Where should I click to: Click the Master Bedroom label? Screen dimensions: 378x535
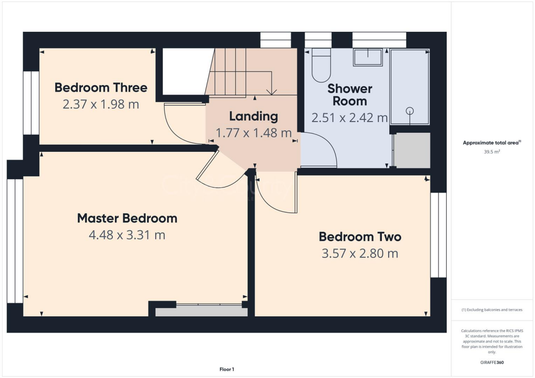pyautogui.click(x=127, y=218)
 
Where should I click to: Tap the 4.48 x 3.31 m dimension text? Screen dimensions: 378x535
pyautogui.click(x=127, y=235)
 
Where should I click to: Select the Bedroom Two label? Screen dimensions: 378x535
pyautogui.click(x=360, y=237)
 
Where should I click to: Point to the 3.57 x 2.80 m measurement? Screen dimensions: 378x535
pyautogui.click(x=360, y=254)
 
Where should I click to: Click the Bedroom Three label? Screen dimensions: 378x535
pyautogui.click(x=101, y=87)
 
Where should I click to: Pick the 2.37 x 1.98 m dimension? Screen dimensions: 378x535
pyautogui.click(x=101, y=104)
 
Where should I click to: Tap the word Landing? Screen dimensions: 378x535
pyautogui.click(x=253, y=116)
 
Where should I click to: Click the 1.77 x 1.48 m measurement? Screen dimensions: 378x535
pyautogui.click(x=253, y=133)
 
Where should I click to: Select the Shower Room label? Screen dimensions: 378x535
pyautogui.click(x=350, y=95)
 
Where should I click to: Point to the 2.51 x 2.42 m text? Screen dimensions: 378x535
pyautogui.click(x=350, y=118)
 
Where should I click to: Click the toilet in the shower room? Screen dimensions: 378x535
pyautogui.click(x=321, y=66)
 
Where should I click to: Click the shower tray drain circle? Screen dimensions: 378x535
pyautogui.click(x=410, y=110)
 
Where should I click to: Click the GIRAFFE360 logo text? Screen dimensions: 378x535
pyautogui.click(x=493, y=362)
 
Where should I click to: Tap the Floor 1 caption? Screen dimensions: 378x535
pyautogui.click(x=227, y=370)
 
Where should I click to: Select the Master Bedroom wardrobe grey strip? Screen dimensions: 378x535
pyautogui.click(x=201, y=312)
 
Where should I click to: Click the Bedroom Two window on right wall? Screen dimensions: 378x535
pyautogui.click(x=438, y=235)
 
